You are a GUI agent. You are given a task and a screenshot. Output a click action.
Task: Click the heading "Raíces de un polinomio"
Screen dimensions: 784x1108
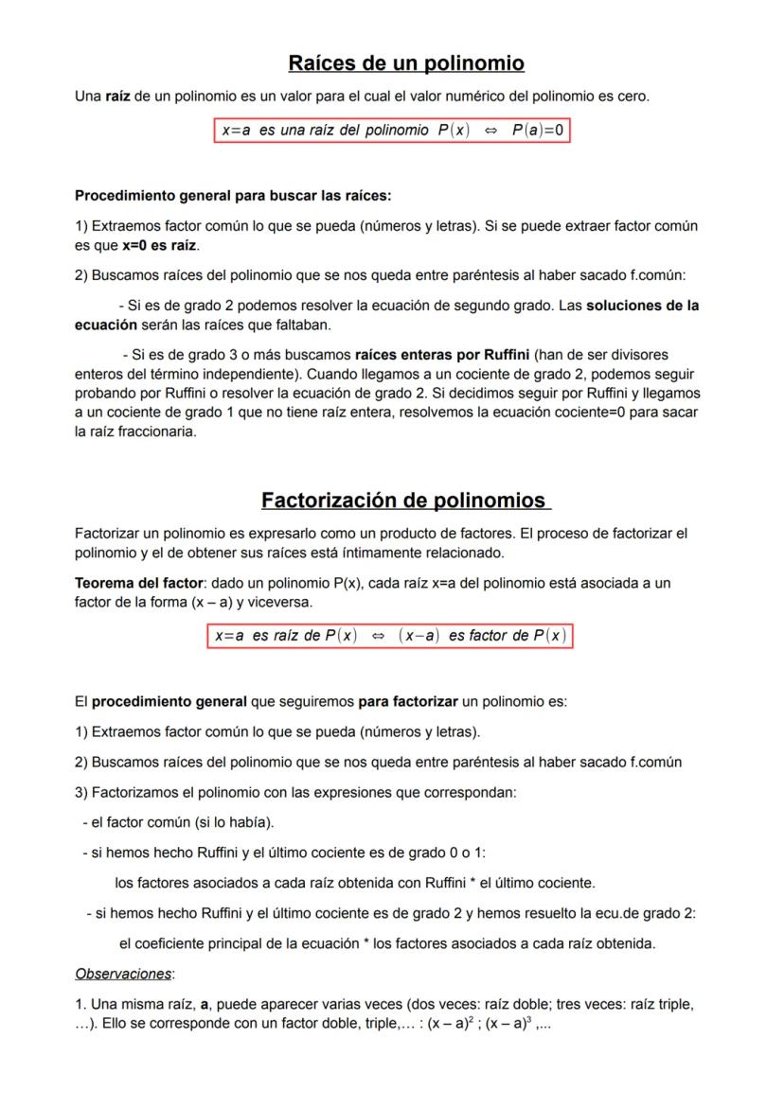point(405,63)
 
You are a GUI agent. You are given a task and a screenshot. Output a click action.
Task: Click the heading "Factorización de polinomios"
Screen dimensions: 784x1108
point(403,500)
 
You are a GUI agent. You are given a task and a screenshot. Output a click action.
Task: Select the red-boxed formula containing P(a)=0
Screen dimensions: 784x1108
point(393,131)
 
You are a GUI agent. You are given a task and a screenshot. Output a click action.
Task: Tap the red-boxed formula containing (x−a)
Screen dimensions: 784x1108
point(390,636)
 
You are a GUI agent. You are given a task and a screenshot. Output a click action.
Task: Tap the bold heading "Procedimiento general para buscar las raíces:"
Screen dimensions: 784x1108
point(233,197)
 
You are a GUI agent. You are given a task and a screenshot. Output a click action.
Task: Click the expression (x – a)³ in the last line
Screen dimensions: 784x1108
point(511,1023)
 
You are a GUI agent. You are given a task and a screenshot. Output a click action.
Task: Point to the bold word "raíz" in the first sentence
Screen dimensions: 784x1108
point(118,96)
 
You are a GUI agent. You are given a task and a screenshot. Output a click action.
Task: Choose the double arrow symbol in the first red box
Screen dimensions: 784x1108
point(490,131)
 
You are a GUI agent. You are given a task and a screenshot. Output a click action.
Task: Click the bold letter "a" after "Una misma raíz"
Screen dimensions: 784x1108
point(205,1004)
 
